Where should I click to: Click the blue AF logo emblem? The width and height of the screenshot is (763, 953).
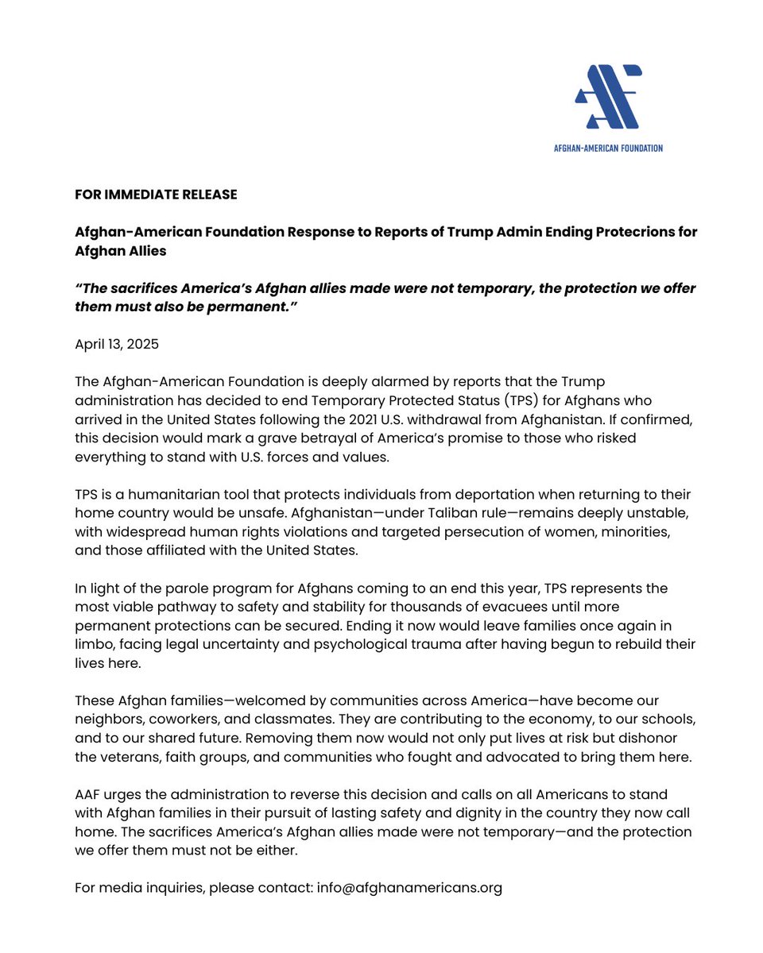tap(608, 97)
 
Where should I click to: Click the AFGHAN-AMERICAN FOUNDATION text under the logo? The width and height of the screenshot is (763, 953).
tap(608, 148)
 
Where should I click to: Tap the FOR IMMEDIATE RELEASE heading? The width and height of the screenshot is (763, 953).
tap(156, 195)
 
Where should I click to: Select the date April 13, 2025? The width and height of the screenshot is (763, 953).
tap(117, 345)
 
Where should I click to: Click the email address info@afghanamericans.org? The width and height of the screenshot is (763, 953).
tap(409, 888)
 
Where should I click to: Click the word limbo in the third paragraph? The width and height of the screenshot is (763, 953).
tap(95, 644)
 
